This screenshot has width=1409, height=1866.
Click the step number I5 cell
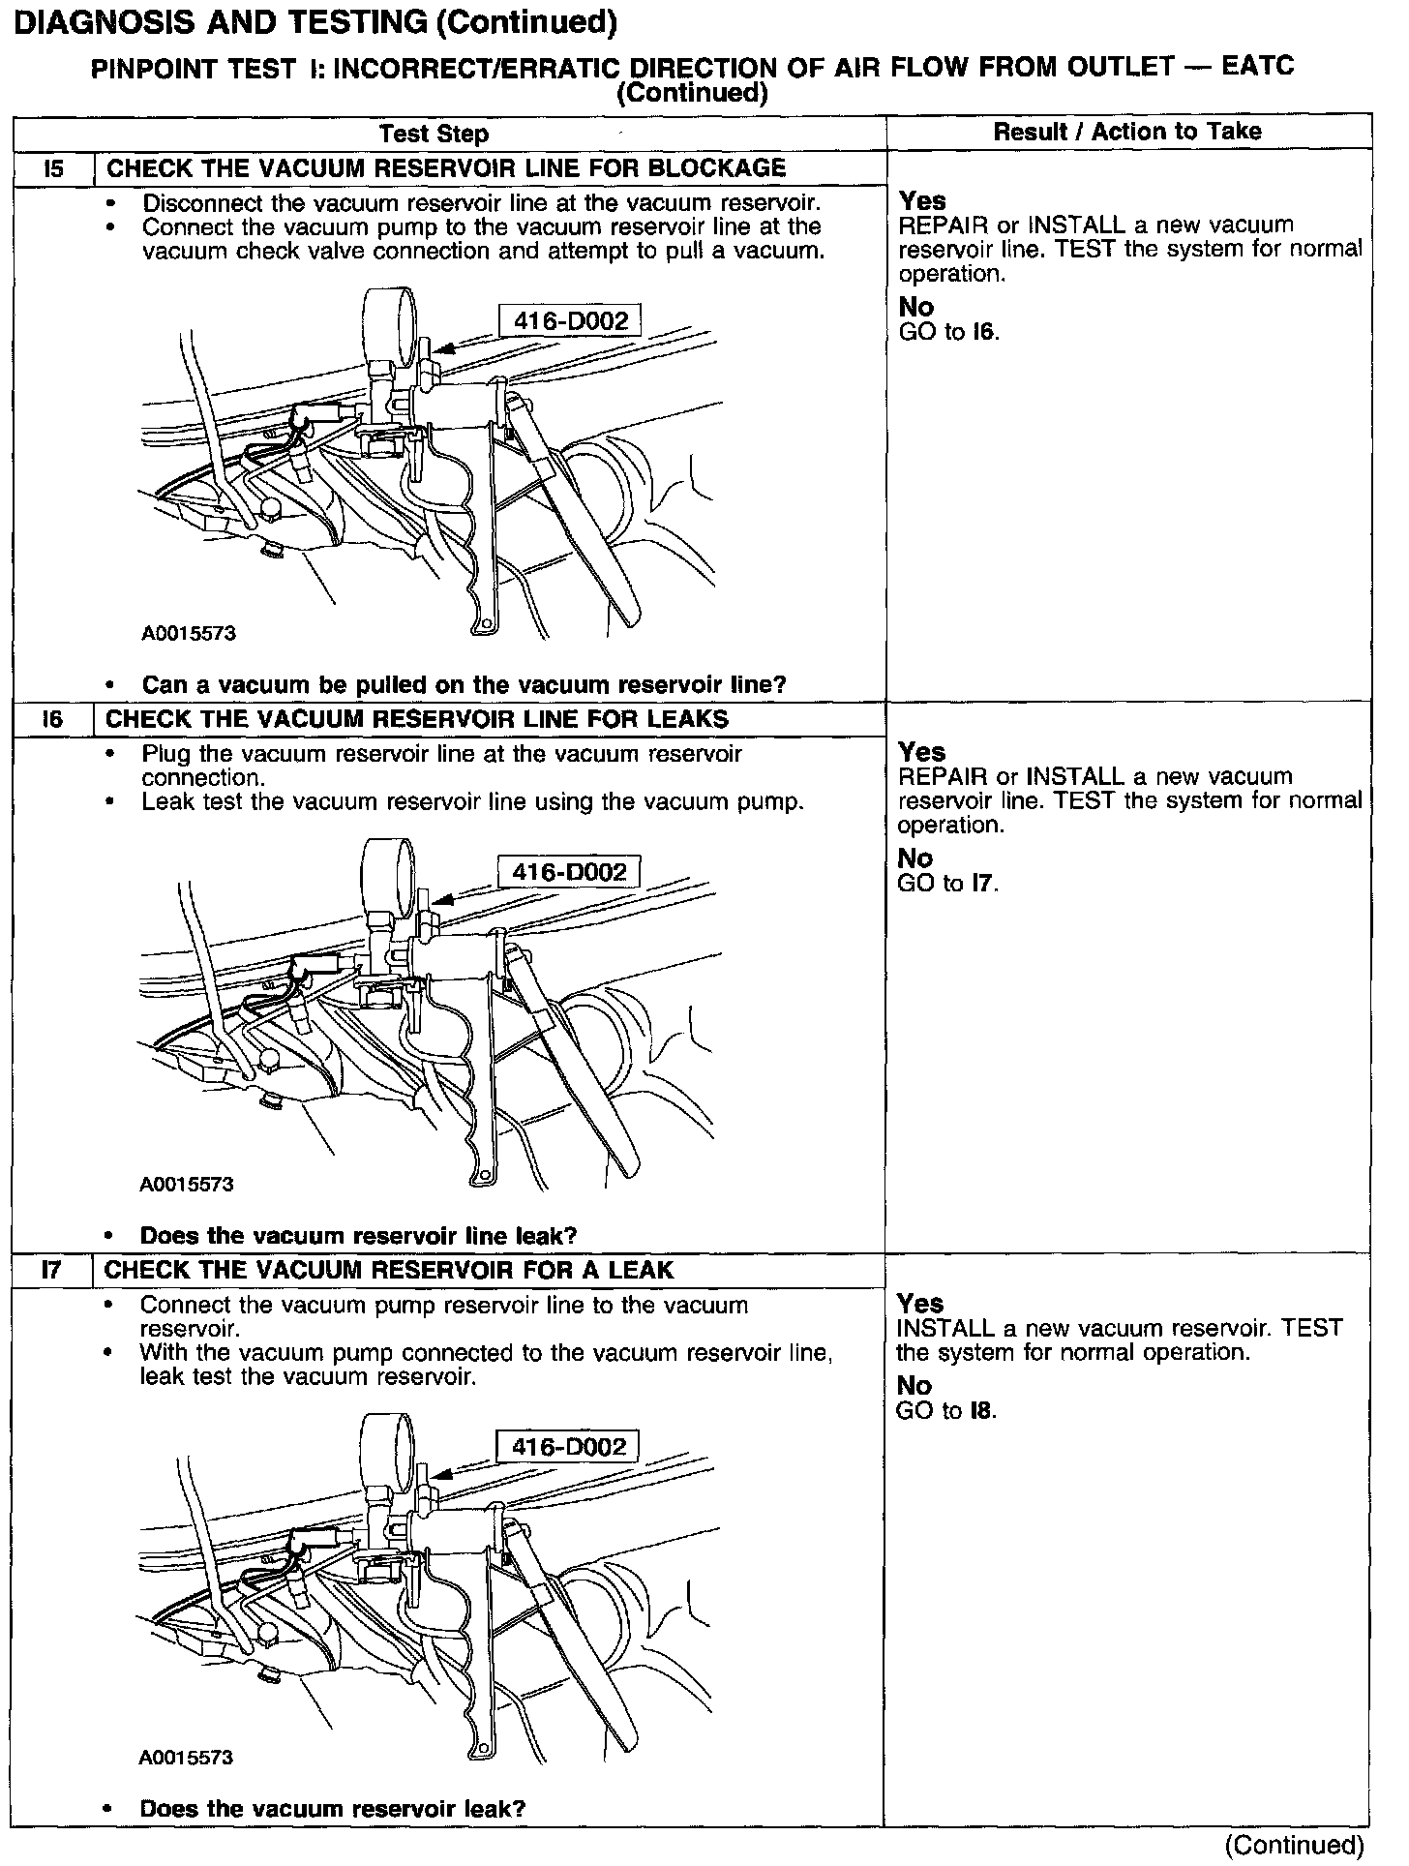53,169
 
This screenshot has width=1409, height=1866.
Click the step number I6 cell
53,720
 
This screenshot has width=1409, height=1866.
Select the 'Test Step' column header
434,134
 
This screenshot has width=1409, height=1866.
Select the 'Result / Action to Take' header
1127,132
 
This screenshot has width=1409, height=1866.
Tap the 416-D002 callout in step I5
571,320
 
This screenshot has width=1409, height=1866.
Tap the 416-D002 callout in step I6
569,872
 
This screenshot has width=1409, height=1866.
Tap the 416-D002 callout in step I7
568,1447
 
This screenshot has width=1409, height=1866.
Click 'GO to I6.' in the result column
949,332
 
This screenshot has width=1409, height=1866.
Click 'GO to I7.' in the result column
947,884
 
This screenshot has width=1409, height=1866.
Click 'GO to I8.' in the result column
945,1410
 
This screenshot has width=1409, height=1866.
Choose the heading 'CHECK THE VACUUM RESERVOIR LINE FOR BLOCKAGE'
445,168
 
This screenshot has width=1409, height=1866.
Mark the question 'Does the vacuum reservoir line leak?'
358,1236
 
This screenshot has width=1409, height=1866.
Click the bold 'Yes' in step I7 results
919,1304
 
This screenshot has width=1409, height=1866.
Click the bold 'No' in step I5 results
915,307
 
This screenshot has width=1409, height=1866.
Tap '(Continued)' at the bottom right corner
1294,1845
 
